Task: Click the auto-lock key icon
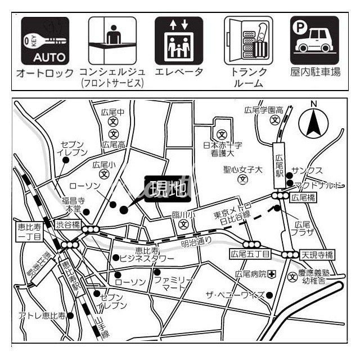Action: pos(45,41)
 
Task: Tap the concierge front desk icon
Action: pos(112,41)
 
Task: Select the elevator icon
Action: pos(179,41)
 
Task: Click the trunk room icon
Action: pos(247,41)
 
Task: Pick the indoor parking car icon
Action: pos(315,41)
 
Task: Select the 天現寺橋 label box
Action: pos(317,254)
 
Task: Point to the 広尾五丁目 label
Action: pos(250,254)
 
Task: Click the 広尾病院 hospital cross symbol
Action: pos(272,274)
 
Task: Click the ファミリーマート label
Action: pos(174,283)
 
